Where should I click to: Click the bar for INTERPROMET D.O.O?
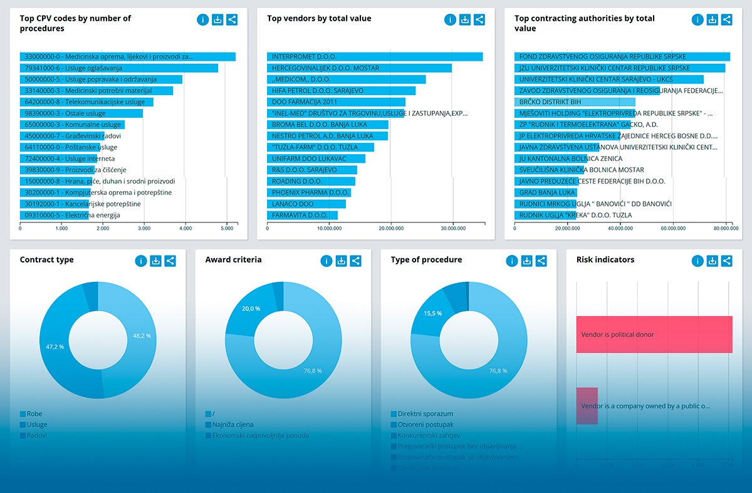pos(375,57)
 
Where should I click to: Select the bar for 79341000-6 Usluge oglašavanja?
pos(119,68)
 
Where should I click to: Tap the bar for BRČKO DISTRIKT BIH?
pos(575,102)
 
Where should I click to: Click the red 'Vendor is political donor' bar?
pos(654,335)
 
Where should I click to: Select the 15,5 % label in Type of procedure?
pos(432,313)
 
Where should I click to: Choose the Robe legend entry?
pos(34,414)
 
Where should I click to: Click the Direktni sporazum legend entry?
pos(426,414)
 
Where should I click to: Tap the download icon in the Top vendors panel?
pos(465,19)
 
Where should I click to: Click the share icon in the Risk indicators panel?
pos(726,261)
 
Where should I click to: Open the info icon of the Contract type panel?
pos(141,261)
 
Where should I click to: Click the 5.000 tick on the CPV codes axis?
pos(227,229)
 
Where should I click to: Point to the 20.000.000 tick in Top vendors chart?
pos(390,229)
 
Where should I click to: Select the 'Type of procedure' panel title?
pos(426,260)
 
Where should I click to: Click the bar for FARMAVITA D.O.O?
pos(303,215)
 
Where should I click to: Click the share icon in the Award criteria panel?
pos(355,261)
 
